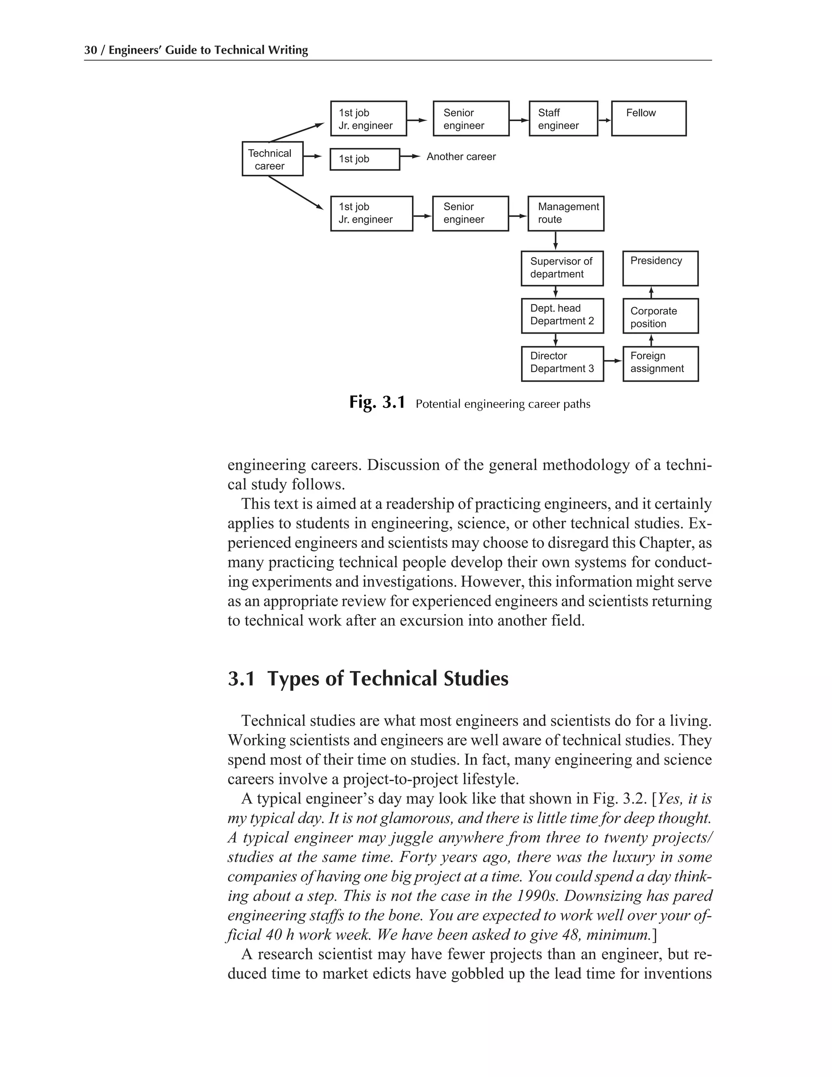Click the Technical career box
pos(272,159)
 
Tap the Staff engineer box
pos(563,118)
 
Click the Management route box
pos(565,213)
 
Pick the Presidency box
pos(660,268)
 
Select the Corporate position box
pos(660,316)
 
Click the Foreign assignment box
pos(660,363)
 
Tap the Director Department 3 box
pos(562,363)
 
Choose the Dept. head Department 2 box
pos(562,316)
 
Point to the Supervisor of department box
pos(562,268)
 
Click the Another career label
pos(461,157)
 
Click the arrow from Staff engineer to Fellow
pos(604,120)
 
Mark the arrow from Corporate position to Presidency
pos(651,292)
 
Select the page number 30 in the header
pos(90,50)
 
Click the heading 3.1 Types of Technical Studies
pos(368,679)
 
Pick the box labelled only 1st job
pos(364,159)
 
